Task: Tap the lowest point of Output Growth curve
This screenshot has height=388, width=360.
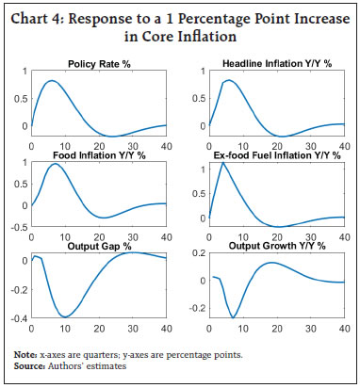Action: coord(234,317)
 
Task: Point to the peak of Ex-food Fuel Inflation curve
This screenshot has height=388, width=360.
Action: coord(222,163)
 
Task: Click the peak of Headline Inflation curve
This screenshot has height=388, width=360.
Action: coord(229,80)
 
